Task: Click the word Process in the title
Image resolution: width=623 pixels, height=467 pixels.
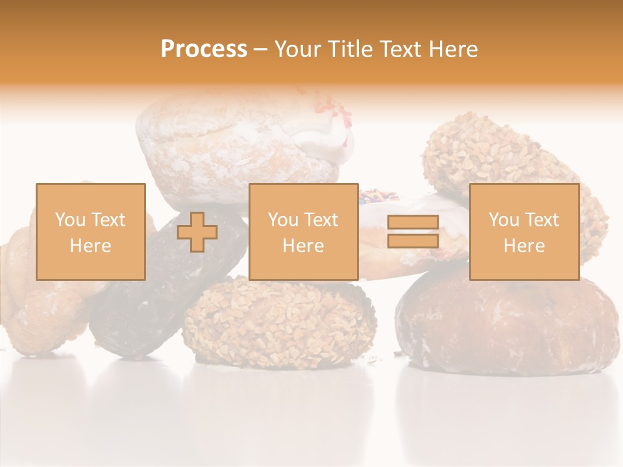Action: [204, 49]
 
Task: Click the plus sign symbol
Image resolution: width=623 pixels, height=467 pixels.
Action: [197, 232]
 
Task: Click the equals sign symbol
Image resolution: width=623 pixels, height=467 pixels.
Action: [413, 232]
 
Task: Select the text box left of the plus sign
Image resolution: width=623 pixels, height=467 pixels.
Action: [90, 232]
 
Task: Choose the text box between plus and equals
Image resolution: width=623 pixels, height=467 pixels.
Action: [303, 232]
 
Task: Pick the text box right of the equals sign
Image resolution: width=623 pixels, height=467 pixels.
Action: [524, 232]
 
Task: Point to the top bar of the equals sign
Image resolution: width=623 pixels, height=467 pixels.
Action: [413, 222]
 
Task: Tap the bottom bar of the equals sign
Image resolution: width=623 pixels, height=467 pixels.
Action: [413, 241]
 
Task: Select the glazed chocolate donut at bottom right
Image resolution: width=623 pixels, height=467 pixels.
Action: [506, 324]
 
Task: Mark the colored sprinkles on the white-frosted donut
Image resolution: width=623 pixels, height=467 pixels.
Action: [371, 195]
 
